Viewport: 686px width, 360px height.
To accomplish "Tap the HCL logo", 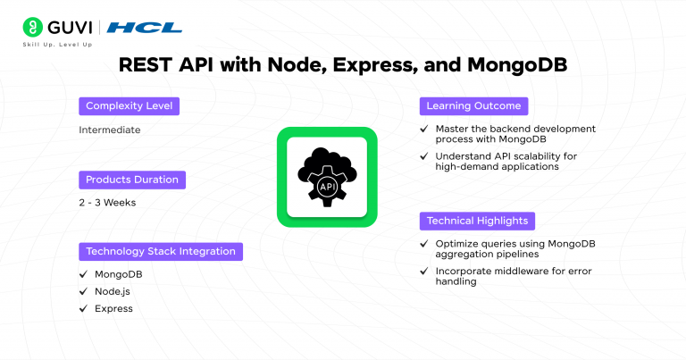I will coord(145,28).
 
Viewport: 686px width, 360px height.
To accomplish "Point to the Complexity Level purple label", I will coord(129,106).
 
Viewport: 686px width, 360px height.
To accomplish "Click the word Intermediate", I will coord(110,130).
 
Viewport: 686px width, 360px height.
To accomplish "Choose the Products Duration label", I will coord(132,180).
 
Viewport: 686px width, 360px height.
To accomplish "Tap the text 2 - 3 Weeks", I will coord(107,203).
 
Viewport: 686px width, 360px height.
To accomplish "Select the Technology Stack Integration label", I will coord(160,251).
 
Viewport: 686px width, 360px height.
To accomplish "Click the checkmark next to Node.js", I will coord(83,291).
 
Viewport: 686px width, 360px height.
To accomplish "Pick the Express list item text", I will coord(113,308).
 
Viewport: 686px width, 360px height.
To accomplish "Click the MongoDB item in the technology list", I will coord(118,274).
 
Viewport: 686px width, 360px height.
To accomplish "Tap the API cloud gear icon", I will coord(326,176).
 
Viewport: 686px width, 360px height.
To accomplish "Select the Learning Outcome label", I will coord(473,106).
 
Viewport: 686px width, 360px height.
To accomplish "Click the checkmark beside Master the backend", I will coord(424,130).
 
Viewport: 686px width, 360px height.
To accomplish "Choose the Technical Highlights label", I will coord(477,220).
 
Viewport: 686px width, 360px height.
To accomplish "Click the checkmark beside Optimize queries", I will coord(424,243).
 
